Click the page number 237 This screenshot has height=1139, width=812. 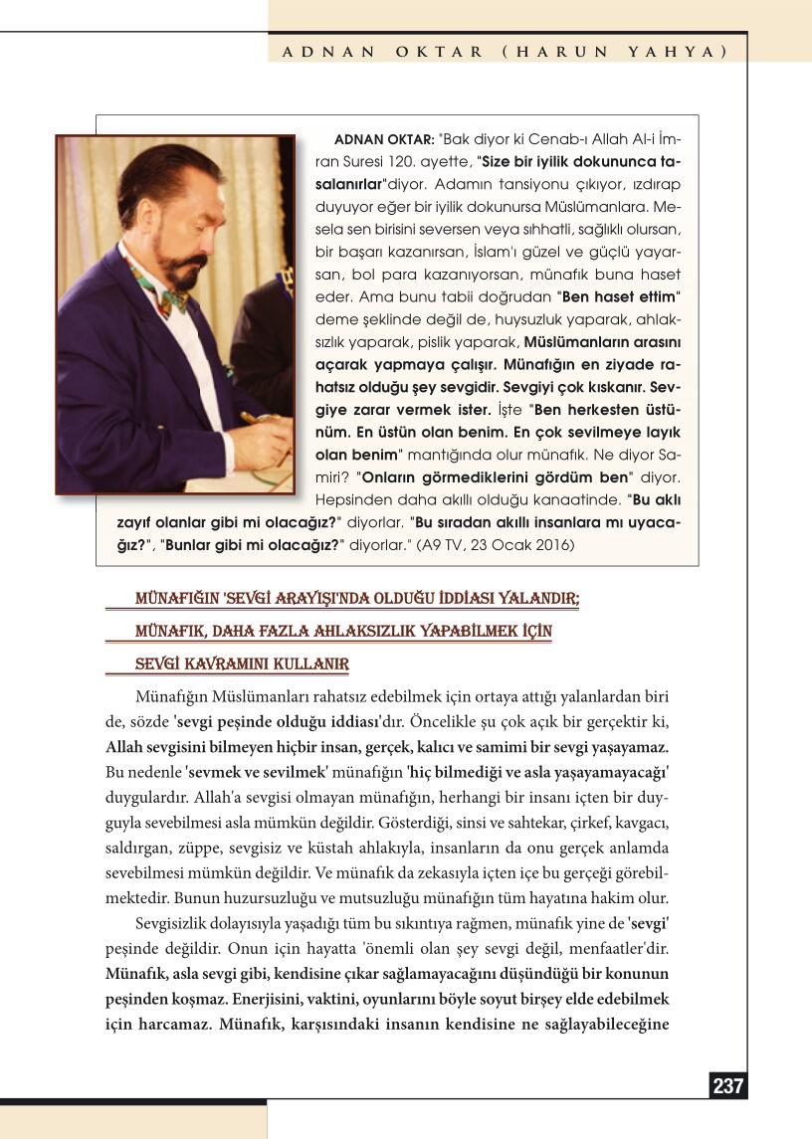pyautogui.click(x=728, y=1086)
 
